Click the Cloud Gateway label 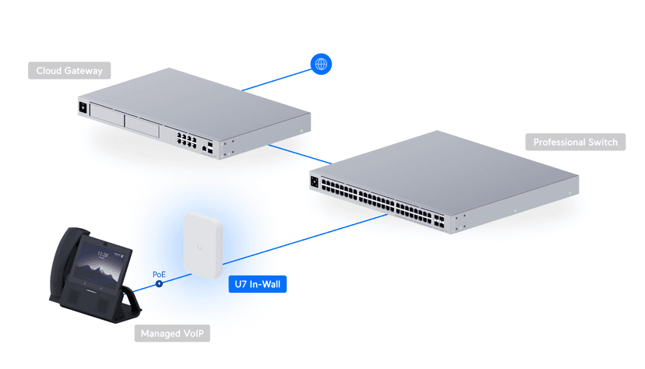[69, 71]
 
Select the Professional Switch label [575, 142]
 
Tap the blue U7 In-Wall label [258, 285]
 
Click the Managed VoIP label [174, 334]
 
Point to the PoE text [159, 274]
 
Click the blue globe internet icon [319, 64]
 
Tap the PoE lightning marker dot [159, 283]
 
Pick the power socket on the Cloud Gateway [81, 107]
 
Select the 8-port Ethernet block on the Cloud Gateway [186, 140]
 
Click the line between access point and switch [312, 244]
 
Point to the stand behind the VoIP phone [133, 300]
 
